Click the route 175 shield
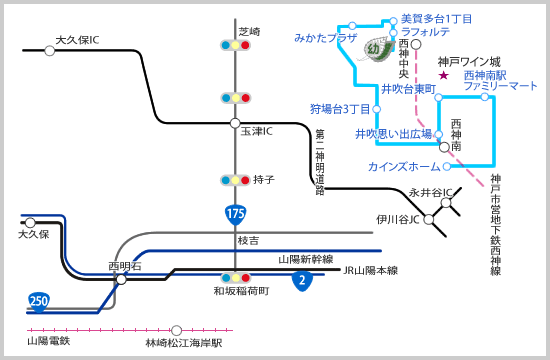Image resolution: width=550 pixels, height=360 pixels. pyautogui.click(x=235, y=213)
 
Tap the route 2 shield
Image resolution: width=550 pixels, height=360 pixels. pyautogui.click(x=301, y=280)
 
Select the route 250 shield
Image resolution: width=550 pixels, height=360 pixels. pyautogui.click(x=38, y=300)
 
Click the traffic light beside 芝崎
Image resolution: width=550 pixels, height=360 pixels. pyautogui.click(x=235, y=45)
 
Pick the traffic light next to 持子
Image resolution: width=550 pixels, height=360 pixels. pyautogui.click(x=235, y=180)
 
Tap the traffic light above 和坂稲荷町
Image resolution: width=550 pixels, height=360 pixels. pyautogui.click(x=235, y=277)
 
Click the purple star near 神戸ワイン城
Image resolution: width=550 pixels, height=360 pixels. pyautogui.click(x=443, y=74)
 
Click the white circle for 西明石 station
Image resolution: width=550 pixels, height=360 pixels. pyautogui.click(x=121, y=280)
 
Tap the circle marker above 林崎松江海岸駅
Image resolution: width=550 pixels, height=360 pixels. pyautogui.click(x=177, y=330)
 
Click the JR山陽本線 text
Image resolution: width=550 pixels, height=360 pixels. pyautogui.click(x=370, y=270)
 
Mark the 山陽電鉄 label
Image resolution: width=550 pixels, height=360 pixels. pyautogui.click(x=48, y=341)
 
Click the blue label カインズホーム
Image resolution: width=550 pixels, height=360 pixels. pyautogui.click(x=403, y=166)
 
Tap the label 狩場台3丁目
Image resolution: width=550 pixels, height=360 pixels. pyautogui.click(x=339, y=108)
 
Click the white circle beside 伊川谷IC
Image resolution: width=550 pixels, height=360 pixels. pyautogui.click(x=429, y=219)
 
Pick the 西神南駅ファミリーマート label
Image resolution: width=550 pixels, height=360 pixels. pyautogui.click(x=500, y=81)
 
